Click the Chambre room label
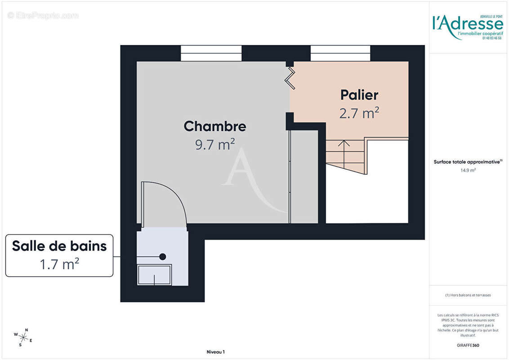click(215, 126)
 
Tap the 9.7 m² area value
click(215, 144)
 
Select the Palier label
click(359, 95)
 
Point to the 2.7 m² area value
click(359, 113)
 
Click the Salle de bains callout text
click(59, 246)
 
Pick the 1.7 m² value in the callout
click(59, 264)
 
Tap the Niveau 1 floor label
click(215, 352)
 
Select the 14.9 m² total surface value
click(468, 171)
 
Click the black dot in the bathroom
click(163, 256)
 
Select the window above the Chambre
click(211, 53)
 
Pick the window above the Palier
click(340, 53)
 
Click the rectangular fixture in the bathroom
click(155, 274)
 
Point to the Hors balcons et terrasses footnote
click(468, 295)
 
